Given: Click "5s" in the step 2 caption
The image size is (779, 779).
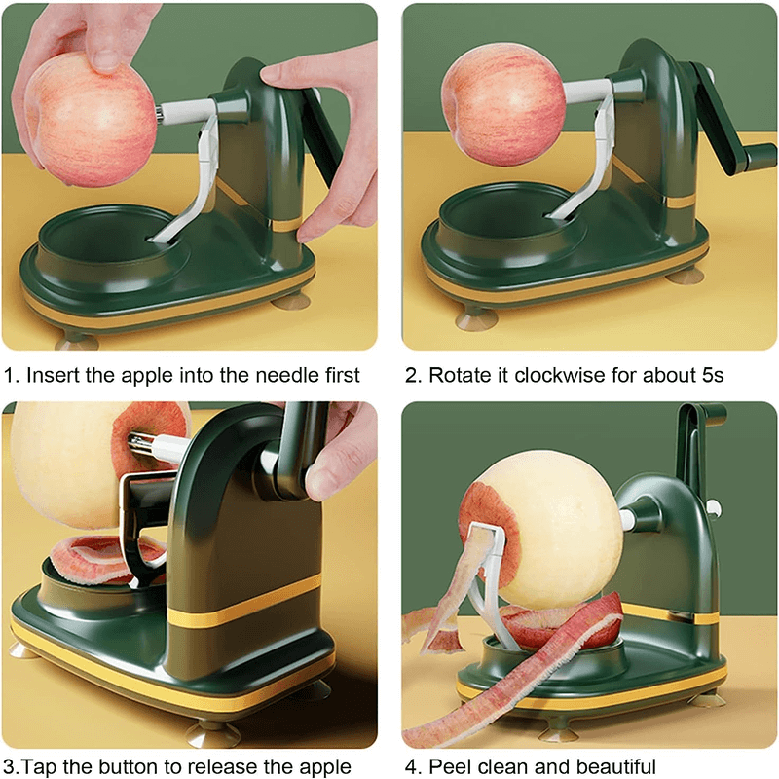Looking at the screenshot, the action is [713, 376].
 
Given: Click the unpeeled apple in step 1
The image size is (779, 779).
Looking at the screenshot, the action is [91, 120].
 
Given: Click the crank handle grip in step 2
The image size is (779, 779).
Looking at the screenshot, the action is [759, 158].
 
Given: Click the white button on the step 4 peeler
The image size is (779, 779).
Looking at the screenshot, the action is [713, 507].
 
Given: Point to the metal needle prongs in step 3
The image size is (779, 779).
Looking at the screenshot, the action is [141, 442].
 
